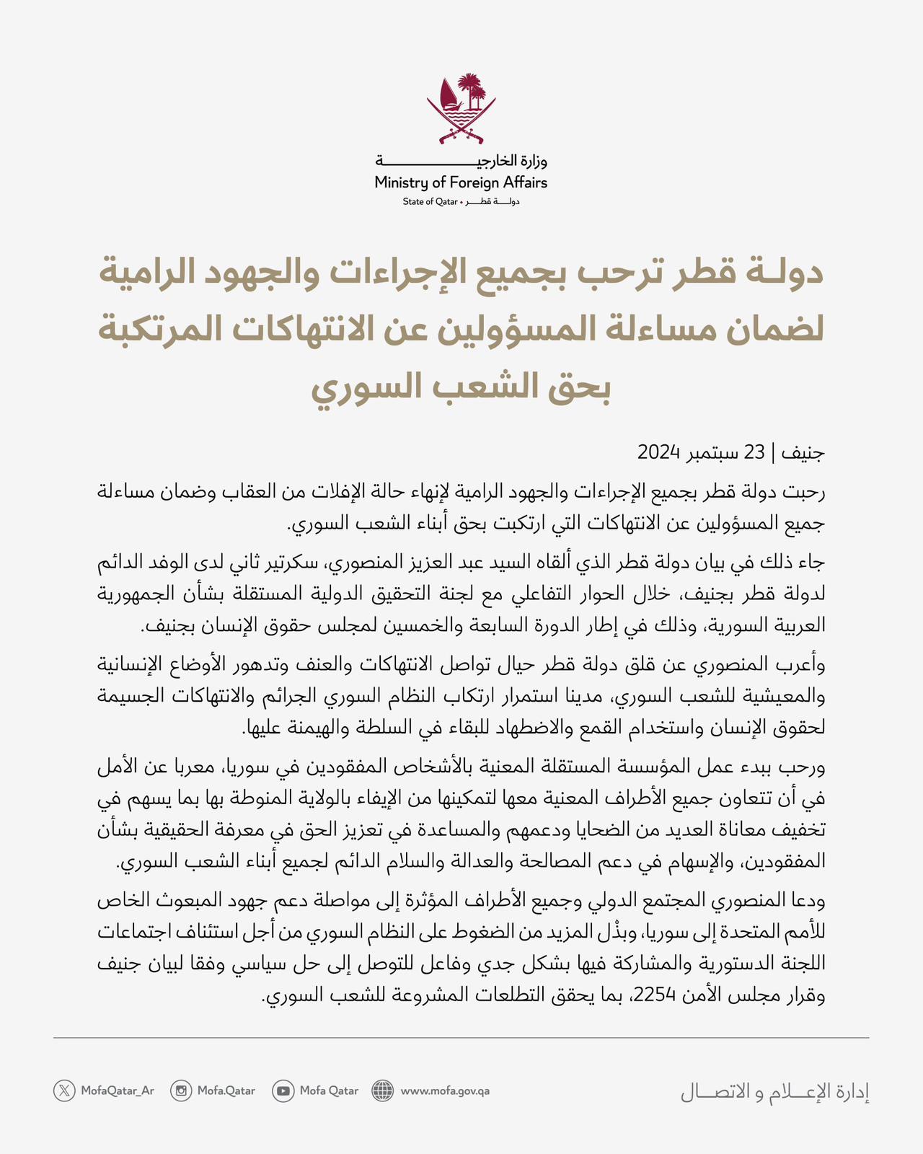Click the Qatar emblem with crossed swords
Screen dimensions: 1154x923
click(x=461, y=108)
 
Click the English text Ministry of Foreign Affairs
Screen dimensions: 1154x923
click(x=461, y=182)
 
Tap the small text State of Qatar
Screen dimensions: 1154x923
click(x=430, y=202)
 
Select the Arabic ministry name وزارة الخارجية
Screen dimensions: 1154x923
click(x=461, y=160)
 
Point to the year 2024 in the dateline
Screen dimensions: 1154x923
click(x=659, y=453)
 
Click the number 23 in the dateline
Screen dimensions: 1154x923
click(x=754, y=453)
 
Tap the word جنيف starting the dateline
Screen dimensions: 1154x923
click(x=803, y=453)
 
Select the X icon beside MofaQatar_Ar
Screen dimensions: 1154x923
click(x=64, y=1091)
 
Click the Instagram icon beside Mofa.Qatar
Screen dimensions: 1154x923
click(x=181, y=1091)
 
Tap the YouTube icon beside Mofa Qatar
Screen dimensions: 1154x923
click(x=283, y=1091)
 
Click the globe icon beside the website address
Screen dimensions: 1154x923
click(x=383, y=1091)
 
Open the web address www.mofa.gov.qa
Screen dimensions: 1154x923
click(x=445, y=1091)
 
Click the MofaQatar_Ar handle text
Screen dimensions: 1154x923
click(x=117, y=1091)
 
